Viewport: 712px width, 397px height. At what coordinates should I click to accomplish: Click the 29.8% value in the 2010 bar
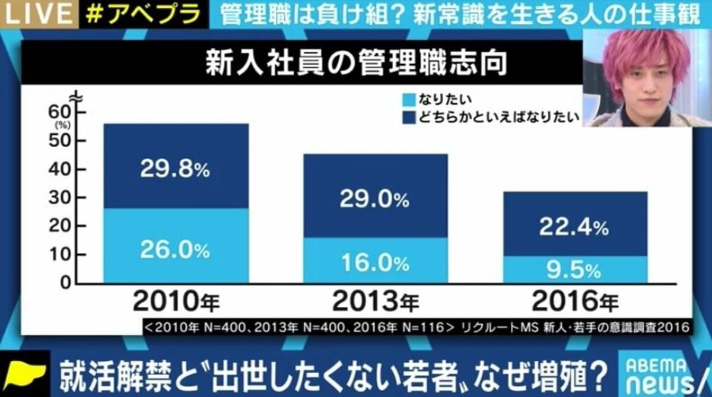point(175,170)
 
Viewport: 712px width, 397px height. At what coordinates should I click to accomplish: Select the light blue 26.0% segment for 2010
point(175,250)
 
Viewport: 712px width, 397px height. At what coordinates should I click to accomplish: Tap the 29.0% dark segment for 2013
point(374,199)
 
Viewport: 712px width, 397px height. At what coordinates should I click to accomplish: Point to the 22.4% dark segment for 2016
point(573,226)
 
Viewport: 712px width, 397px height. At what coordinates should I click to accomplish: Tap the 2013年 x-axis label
point(374,303)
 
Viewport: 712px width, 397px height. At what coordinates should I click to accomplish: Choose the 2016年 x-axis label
point(573,303)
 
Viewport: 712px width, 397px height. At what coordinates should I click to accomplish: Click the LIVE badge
point(30,14)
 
